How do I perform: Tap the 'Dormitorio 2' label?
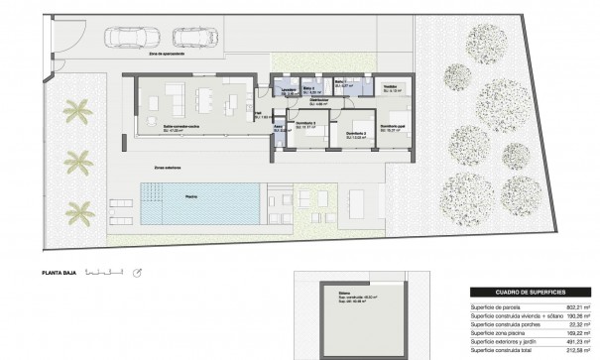tap(358, 134)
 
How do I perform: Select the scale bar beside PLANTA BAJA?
tap(104, 270)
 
